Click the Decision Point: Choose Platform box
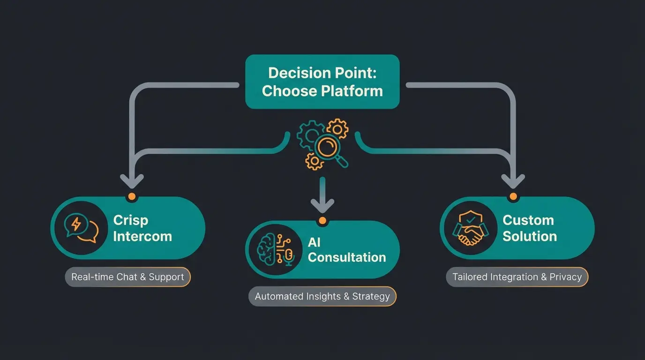322,82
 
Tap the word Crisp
131,220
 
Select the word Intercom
142,236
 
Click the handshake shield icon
470,228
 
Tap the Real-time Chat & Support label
127,277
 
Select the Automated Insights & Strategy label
322,296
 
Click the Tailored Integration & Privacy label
517,277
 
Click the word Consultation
347,257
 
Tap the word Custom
528,220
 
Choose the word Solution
529,236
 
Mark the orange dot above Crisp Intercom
132,196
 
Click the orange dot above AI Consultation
322,220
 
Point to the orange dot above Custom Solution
513,196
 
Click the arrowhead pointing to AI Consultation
322,205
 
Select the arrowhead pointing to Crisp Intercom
132,180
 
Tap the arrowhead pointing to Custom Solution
513,180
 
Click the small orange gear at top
337,128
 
